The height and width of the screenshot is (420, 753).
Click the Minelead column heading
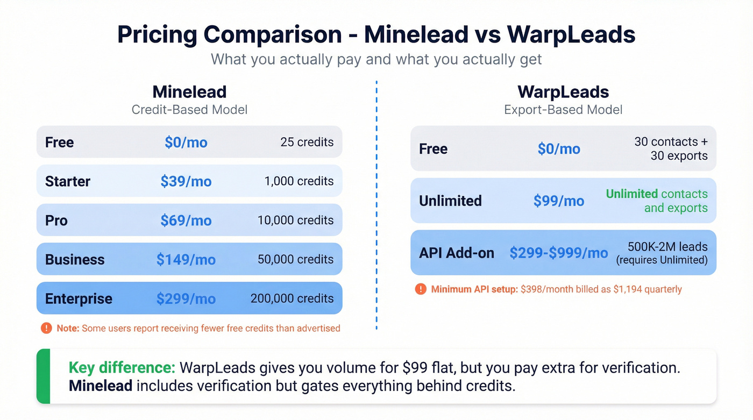point(189,91)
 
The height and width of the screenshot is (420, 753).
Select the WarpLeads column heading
point(563,91)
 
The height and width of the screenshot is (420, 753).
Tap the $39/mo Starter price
point(186,181)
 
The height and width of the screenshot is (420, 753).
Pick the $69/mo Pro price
point(186,220)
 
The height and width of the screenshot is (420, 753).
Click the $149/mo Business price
point(186,260)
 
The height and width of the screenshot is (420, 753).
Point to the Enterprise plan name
point(79,299)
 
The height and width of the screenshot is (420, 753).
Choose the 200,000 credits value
point(292,298)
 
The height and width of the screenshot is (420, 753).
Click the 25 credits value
point(307,142)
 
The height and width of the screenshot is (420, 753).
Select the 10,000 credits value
point(295,220)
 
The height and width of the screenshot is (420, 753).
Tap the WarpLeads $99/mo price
point(558,201)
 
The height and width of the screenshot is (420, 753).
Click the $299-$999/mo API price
point(558,253)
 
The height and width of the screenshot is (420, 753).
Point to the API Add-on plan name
point(456,253)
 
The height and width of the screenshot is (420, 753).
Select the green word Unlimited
point(631,194)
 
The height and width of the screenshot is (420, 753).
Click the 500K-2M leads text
point(667,247)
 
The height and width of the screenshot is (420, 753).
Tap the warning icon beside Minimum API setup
point(421,289)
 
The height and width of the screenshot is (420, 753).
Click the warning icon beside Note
point(46,328)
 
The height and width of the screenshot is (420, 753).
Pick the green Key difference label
point(122,368)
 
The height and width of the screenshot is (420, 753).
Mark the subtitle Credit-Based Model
point(189,110)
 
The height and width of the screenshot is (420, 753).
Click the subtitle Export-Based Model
point(563,110)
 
